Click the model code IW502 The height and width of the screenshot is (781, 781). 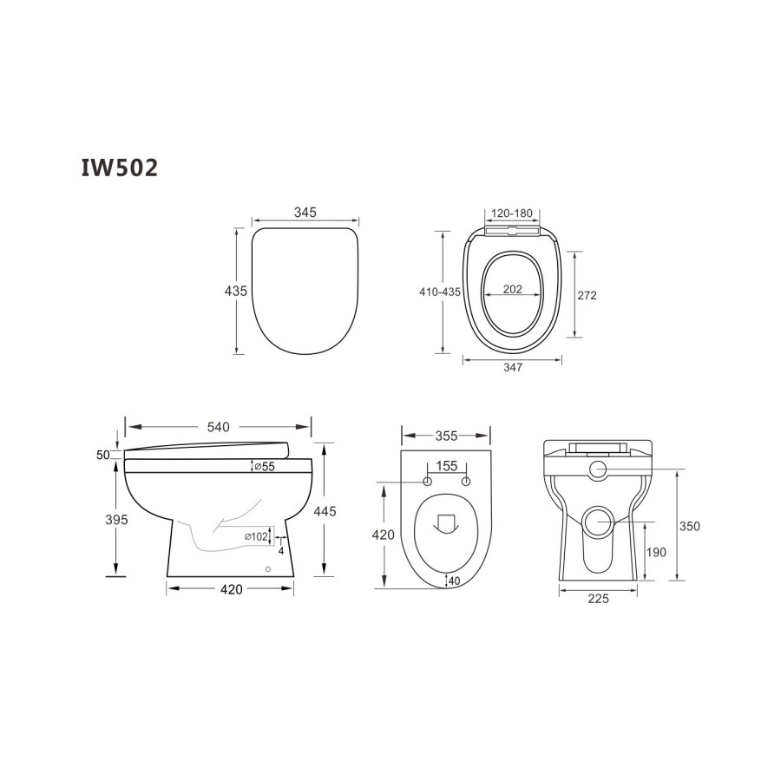120,167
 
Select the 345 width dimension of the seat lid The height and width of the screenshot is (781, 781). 305,212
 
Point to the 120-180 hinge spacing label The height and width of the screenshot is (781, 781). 513,212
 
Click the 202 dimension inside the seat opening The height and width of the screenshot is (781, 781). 513,290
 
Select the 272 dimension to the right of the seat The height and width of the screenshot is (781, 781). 587,295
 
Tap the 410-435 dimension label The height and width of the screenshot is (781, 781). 439,292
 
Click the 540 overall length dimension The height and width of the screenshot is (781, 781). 218,426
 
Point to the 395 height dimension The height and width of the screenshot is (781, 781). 115,520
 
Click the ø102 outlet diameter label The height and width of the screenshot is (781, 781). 256,536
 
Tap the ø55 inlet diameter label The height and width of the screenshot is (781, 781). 263,467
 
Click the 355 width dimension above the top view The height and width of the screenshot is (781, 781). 446,435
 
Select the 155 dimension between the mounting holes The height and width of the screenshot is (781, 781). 446,467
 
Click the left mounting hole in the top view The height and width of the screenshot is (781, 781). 427,482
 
